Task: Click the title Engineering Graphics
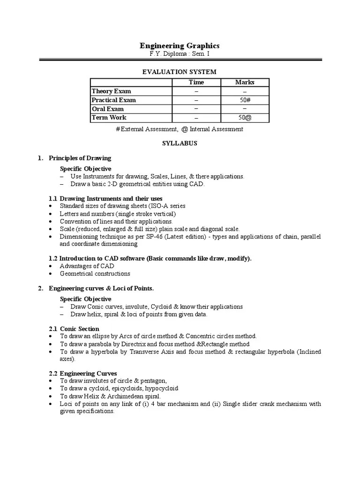pos(180,45)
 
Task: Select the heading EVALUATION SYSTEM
pos(180,72)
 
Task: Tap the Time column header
pos(196,82)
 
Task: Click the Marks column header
pos(245,82)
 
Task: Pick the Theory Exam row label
pos(111,91)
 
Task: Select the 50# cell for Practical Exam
pos(245,100)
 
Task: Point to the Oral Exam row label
pos(108,109)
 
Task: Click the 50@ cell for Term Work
pos(245,118)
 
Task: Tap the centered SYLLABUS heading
pos(180,143)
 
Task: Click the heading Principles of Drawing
pos(80,158)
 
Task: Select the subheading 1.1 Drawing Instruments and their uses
pos(106,199)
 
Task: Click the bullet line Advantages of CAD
pos(87,266)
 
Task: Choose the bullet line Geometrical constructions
pos(95,274)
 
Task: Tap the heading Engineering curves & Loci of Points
pos(101,288)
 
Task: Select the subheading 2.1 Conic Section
pos(74,329)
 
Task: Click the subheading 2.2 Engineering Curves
pos(83,374)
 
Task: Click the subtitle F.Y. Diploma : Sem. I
pos(180,54)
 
